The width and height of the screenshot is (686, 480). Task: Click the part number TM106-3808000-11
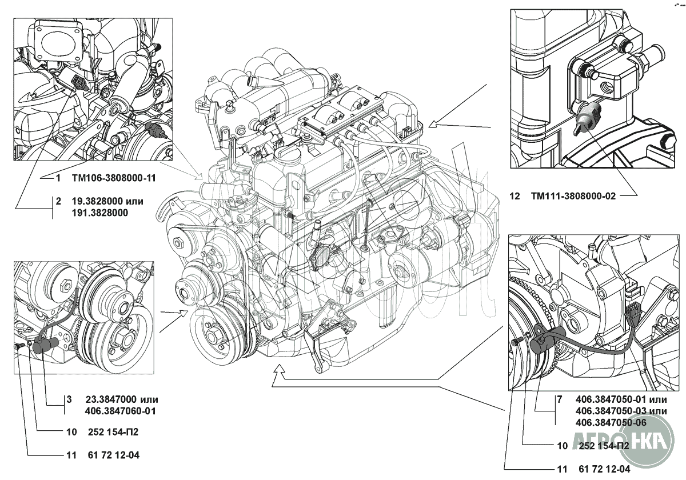pos(114,178)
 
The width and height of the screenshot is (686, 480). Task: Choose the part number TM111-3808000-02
pos(573,196)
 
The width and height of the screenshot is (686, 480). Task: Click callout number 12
pos(514,196)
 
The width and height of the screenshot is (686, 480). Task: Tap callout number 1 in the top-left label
pos(58,178)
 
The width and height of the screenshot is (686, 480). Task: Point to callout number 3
pos(68,399)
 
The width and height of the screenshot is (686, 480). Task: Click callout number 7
pos(559,399)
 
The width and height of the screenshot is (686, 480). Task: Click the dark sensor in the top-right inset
pos(584,119)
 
